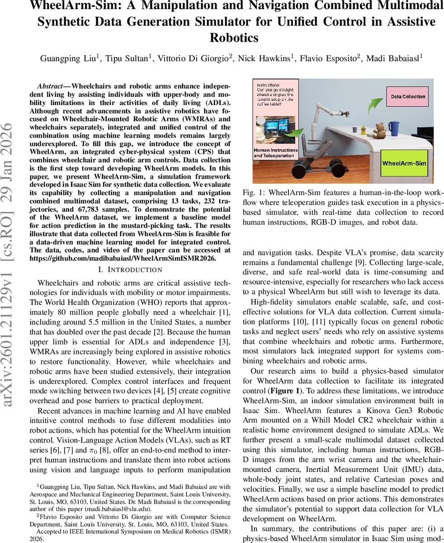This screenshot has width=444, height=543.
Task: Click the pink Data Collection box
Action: (407, 96)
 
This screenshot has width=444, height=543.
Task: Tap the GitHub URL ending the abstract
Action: (123, 258)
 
